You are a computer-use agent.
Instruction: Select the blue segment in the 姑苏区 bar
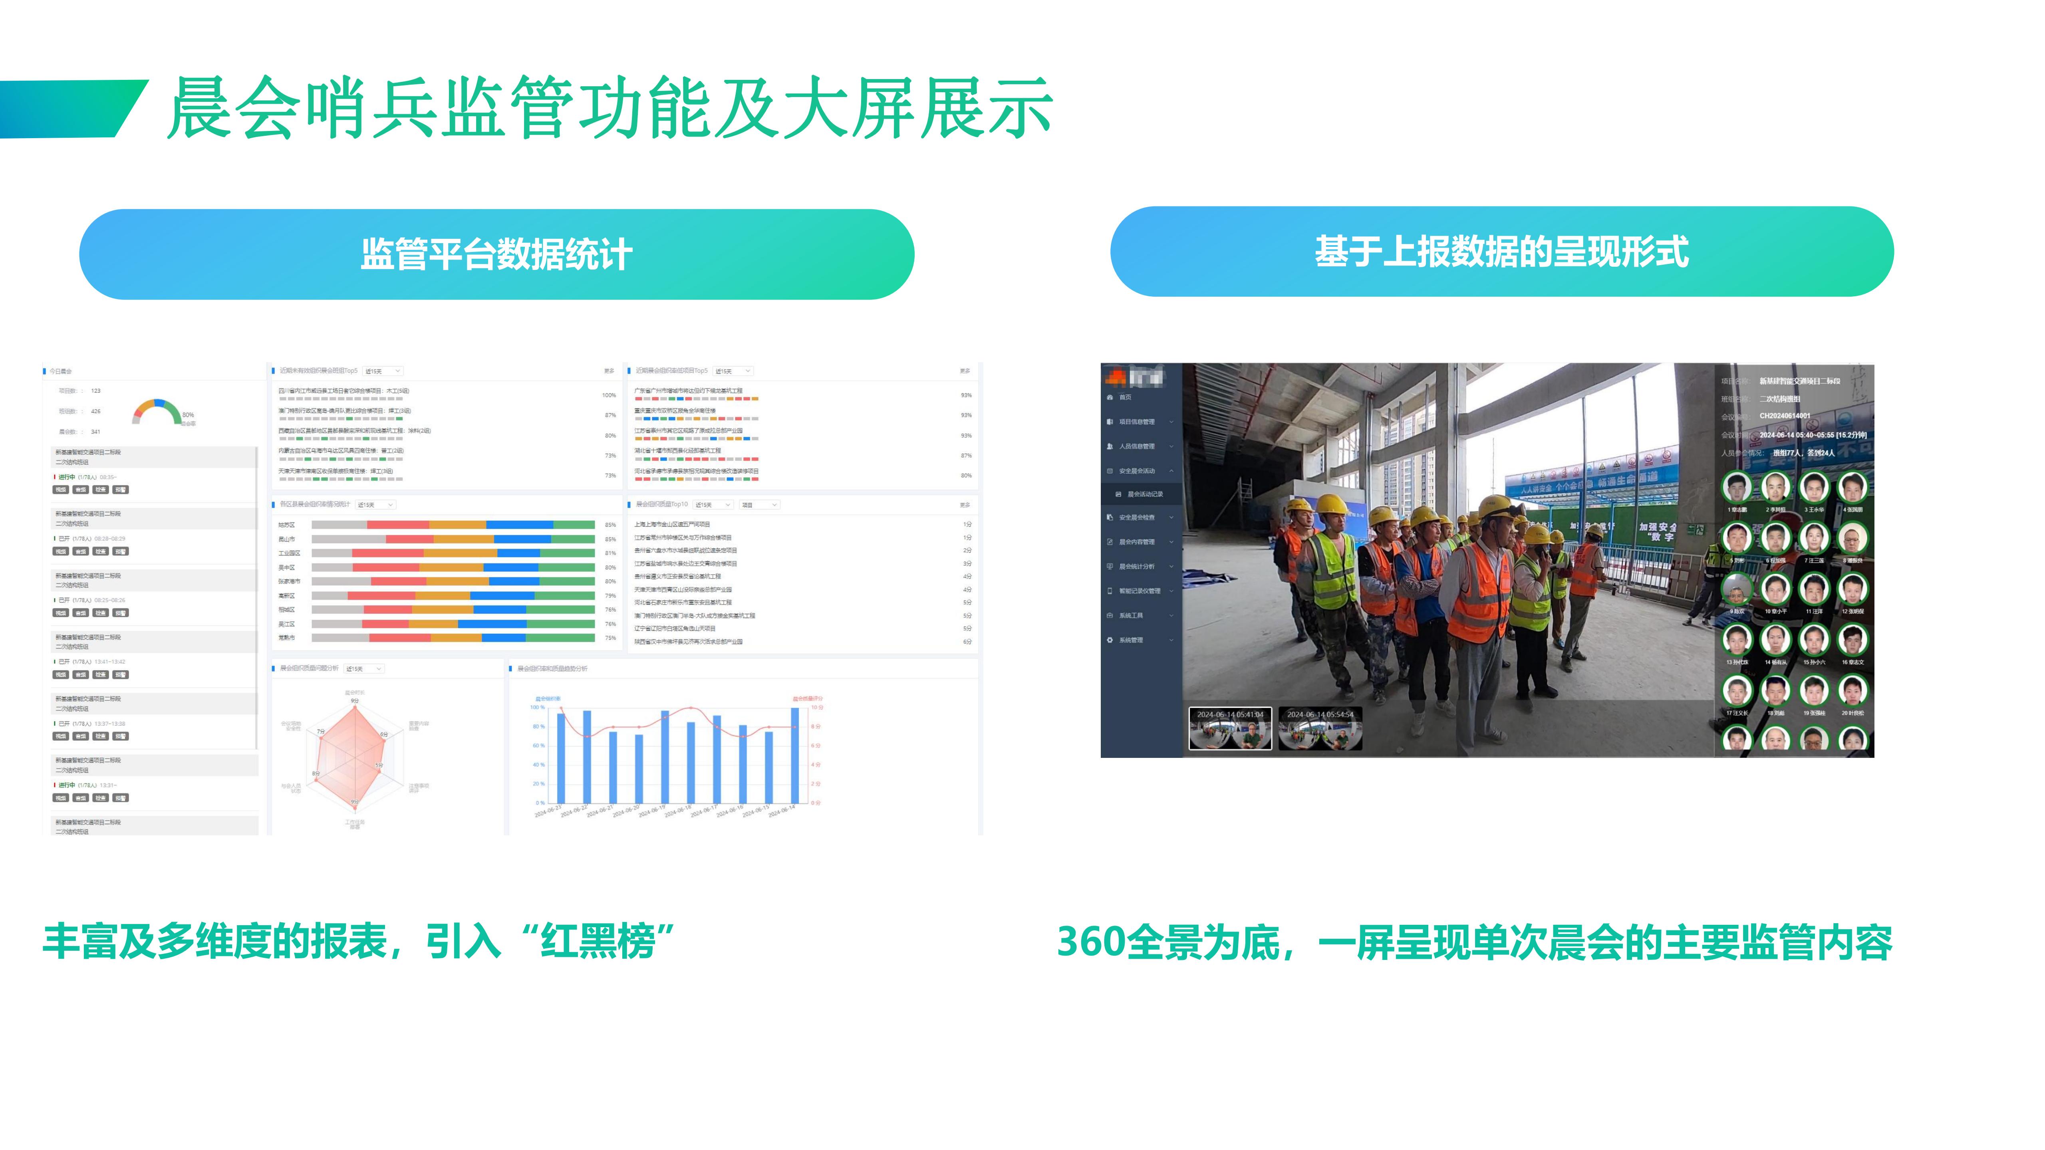point(519,525)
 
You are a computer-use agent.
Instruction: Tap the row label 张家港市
point(289,582)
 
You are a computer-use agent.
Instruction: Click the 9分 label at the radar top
point(355,701)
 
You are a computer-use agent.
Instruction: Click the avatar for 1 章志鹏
point(1737,487)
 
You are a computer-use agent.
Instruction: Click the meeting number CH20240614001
point(1785,416)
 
